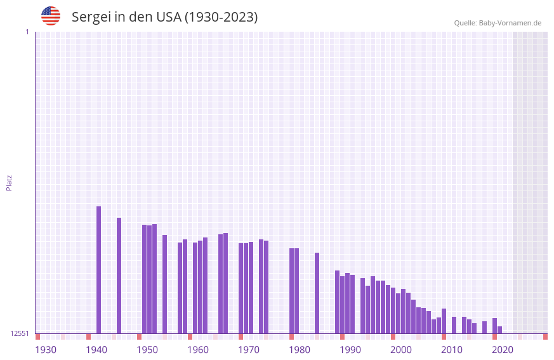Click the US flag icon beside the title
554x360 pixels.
(51, 16)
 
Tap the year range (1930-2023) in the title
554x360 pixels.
(221, 17)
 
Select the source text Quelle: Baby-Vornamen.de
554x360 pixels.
(498, 23)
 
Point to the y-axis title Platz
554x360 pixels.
(9, 182)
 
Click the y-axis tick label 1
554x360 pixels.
(27, 32)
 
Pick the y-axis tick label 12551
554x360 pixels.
(20, 333)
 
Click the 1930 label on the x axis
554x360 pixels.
(46, 350)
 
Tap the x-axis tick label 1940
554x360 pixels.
(96, 350)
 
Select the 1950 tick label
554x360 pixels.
(147, 350)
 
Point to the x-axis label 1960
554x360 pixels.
(198, 350)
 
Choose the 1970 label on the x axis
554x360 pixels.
(249, 350)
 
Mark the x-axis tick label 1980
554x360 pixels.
(300, 350)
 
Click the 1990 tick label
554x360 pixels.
(350, 350)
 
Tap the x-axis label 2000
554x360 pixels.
(401, 350)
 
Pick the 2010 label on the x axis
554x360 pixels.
(452, 350)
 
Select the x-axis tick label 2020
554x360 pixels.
(503, 350)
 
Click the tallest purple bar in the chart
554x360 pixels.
(99, 270)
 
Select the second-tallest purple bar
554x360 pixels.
(119, 276)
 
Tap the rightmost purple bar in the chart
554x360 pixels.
(500, 330)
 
